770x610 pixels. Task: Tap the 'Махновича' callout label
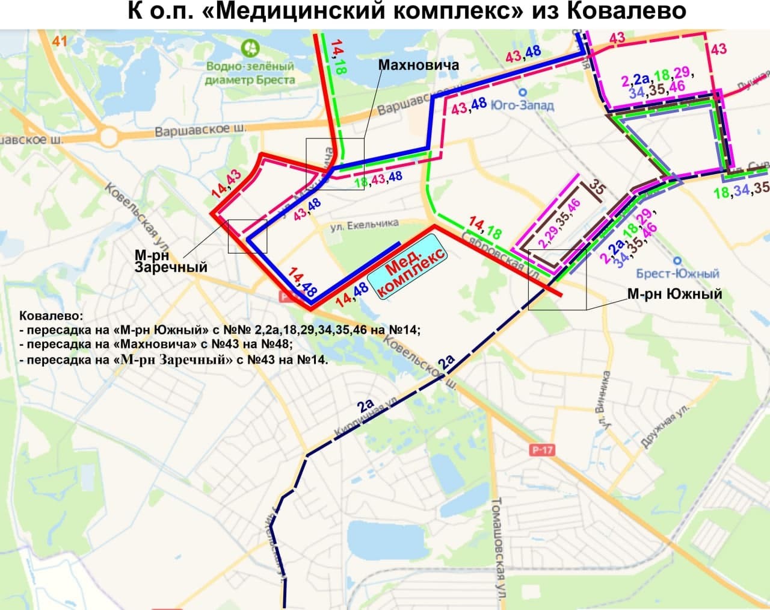(419, 64)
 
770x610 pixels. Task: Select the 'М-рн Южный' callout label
(674, 294)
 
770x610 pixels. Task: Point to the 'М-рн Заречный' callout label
(171, 261)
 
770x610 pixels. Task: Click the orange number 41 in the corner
(59, 41)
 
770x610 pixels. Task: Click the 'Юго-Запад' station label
(522, 105)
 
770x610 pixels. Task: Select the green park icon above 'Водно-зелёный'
(249, 47)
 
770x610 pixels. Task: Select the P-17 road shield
(542, 450)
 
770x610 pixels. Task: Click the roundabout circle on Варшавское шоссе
(109, 137)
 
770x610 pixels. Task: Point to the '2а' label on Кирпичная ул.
(365, 405)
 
